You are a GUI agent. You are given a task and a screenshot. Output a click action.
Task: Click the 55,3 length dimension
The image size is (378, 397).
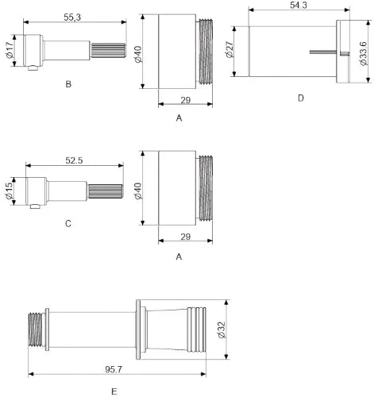click(x=72, y=17)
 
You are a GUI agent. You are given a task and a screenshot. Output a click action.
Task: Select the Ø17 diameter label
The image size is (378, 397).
click(x=10, y=50)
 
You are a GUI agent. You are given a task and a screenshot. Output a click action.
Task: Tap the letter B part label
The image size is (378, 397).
click(x=68, y=84)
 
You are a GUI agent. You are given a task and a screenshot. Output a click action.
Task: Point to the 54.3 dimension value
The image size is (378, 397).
click(x=299, y=5)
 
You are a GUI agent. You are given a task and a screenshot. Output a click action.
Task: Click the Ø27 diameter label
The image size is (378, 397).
click(x=229, y=49)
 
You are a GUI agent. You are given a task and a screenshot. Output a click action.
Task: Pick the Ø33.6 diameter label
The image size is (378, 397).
click(x=364, y=53)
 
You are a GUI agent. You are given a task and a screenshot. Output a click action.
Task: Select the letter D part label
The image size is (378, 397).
click(x=301, y=98)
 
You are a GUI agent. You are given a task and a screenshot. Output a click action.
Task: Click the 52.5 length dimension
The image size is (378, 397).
click(x=74, y=160)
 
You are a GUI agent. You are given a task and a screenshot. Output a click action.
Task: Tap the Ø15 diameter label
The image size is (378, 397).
click(x=9, y=191)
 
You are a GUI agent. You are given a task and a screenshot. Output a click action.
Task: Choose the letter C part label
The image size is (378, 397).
click(x=68, y=224)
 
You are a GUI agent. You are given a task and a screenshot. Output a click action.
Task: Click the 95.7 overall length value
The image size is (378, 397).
click(x=114, y=369)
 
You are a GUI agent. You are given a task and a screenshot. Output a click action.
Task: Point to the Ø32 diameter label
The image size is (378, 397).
click(x=222, y=330)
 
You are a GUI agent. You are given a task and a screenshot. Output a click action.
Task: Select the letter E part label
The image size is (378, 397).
click(x=114, y=391)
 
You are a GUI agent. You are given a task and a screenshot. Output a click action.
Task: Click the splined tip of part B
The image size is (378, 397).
click(x=108, y=50)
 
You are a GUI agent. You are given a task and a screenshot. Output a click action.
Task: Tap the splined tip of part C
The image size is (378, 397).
click(x=106, y=191)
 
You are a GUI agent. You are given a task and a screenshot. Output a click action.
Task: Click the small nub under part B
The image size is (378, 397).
click(x=33, y=68)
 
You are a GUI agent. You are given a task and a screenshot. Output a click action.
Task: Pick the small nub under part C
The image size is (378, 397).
click(x=34, y=206)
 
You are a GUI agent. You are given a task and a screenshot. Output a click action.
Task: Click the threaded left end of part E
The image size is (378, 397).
click(x=37, y=330)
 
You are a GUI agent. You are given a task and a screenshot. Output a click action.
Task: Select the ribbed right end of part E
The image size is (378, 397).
click(x=197, y=330)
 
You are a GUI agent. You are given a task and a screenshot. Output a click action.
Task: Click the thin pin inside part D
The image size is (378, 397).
click(x=323, y=52)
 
